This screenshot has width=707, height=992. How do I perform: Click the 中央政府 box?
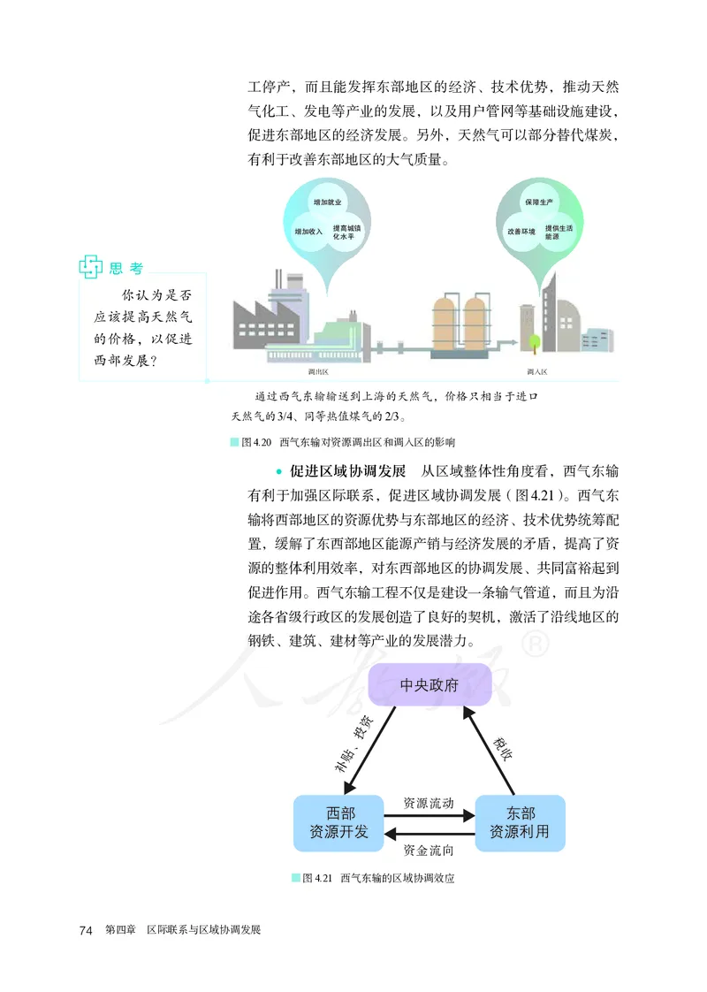point(430,685)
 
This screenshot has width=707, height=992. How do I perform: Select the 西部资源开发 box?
point(338,823)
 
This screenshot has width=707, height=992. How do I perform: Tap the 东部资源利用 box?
point(520,823)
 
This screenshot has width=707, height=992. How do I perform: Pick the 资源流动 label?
point(429,804)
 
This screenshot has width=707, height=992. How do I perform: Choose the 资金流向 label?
point(429,851)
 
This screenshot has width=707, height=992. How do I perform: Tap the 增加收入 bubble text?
point(308,231)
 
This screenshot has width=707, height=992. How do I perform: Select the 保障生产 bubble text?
point(537,202)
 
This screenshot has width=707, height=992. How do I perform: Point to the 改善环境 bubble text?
point(521,231)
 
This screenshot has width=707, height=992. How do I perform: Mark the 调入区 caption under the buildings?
point(536,372)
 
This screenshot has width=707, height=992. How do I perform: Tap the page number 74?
point(86,930)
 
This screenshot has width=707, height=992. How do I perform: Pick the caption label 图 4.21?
point(315,879)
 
